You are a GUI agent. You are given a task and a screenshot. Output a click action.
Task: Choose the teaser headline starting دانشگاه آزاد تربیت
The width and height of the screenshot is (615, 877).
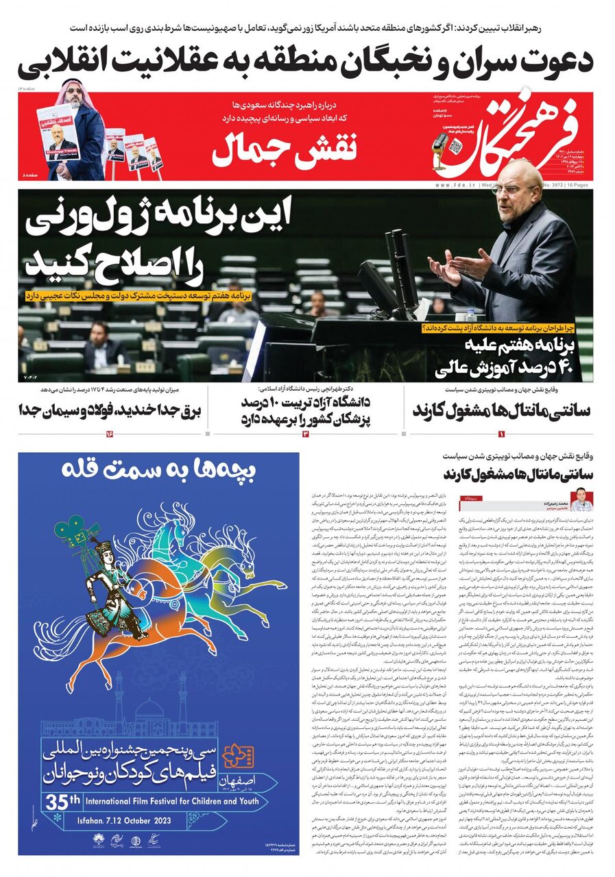(x=307, y=408)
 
